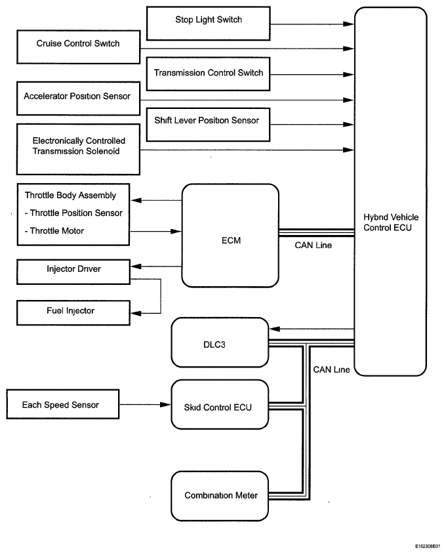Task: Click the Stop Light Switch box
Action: pyautogui.click(x=209, y=24)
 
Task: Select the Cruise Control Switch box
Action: pyautogui.click(x=79, y=47)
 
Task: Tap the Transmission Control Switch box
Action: pyautogui.click(x=209, y=74)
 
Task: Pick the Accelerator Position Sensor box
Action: pyautogui.click(x=79, y=98)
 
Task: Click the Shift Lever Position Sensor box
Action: pyautogui.click(x=209, y=125)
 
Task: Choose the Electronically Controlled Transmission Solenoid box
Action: pyautogui.click(x=79, y=149)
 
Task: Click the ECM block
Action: pyautogui.click(x=230, y=235)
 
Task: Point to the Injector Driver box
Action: pyautogui.click(x=73, y=272)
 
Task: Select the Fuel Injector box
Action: pyautogui.click(x=73, y=312)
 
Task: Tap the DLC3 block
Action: pyautogui.click(x=220, y=343)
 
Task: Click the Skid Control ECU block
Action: pyautogui.click(x=220, y=404)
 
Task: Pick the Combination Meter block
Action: pyautogui.click(x=220, y=496)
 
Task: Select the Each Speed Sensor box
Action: pyautogui.click(x=63, y=404)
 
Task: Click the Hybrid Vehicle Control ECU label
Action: pyautogui.click(x=391, y=223)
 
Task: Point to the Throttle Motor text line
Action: pyautogui.click(x=54, y=230)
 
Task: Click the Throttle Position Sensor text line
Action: pyautogui.click(x=73, y=213)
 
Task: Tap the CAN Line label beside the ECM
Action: pyautogui.click(x=314, y=245)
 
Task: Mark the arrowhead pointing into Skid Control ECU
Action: pyautogui.click(x=166, y=404)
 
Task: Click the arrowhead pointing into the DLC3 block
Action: pyautogui.click(x=274, y=329)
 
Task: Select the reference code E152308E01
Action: pyautogui.click(x=428, y=546)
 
